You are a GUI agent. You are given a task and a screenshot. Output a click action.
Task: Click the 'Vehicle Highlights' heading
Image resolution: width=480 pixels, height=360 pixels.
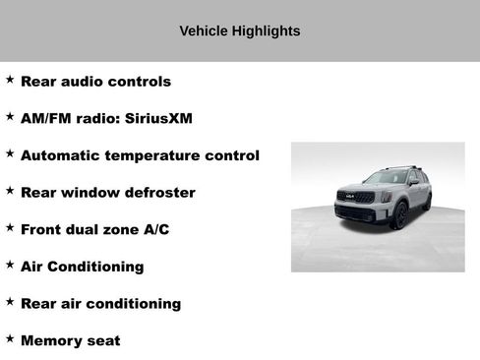239,30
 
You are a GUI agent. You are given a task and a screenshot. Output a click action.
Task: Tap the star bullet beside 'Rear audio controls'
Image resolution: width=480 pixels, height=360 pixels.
10,80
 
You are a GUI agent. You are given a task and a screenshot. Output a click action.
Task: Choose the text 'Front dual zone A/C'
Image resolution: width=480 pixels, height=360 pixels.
94,229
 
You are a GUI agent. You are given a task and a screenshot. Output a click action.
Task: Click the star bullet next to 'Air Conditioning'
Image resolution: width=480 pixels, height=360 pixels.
10,265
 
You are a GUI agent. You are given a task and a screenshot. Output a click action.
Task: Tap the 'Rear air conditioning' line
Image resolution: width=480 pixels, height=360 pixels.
100,303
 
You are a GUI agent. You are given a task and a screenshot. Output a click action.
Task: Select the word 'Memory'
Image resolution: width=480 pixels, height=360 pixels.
51,340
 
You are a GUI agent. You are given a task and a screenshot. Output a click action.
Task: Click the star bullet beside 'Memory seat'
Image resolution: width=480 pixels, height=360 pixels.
10,338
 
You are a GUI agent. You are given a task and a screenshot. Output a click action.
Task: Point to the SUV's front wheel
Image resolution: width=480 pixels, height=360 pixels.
400,215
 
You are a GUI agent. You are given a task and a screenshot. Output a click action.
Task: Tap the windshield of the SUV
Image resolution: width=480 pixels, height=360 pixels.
385,178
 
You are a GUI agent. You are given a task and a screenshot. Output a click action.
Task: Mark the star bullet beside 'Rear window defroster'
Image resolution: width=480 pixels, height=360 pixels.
10,190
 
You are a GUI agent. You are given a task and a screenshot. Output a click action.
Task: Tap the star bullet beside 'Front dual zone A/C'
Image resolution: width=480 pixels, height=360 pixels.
10,227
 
